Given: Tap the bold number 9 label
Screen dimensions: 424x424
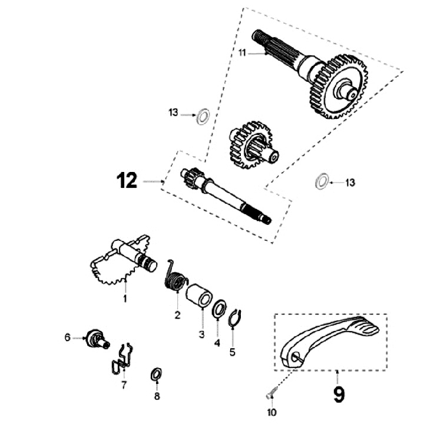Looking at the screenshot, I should [339, 393].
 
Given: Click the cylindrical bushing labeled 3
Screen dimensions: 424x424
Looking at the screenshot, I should [199, 294].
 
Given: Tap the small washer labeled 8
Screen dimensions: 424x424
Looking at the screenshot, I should [157, 373].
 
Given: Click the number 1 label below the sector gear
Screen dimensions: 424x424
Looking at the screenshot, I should [125, 299].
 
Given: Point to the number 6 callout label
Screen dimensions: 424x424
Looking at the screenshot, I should [68, 337].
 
